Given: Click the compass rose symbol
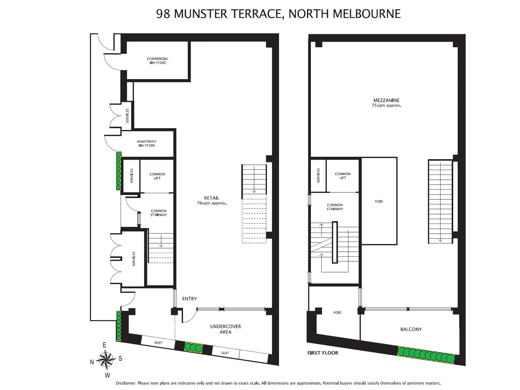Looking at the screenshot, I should [x=105, y=360].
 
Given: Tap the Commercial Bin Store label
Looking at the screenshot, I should [x=158, y=61].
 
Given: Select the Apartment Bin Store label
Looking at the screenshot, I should [x=147, y=144].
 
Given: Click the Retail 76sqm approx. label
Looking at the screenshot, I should [x=212, y=200].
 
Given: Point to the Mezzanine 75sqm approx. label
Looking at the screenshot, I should [x=386, y=103].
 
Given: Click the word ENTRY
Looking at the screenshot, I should [x=190, y=299].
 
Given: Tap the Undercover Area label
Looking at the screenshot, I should [x=225, y=329].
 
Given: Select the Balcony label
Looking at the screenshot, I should [x=411, y=329].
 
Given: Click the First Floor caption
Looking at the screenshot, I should [x=323, y=353].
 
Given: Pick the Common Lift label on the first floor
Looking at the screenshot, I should [x=343, y=176].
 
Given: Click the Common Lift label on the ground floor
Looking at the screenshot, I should [x=157, y=176].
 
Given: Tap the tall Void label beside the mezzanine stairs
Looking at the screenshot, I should [x=379, y=201].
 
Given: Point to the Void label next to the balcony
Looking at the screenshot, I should [x=337, y=313].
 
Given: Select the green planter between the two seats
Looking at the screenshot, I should [x=193, y=347].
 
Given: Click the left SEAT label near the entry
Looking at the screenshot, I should [x=158, y=343].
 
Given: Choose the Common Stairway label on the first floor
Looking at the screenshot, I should [x=335, y=207].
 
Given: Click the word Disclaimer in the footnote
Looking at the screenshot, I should [x=126, y=383].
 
